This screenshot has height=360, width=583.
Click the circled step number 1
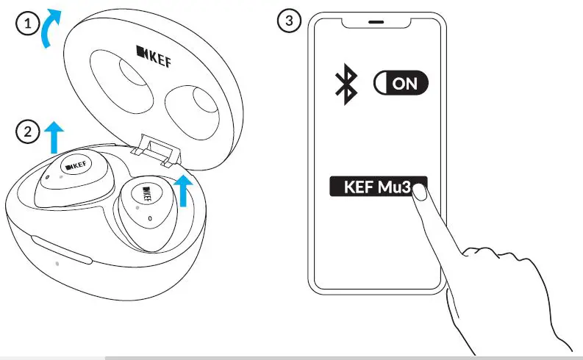(27, 24)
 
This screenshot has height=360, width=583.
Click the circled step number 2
(27, 132)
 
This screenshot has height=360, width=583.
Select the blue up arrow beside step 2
(54, 137)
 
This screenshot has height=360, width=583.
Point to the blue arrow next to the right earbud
(187, 190)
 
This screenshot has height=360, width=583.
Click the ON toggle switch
(401, 83)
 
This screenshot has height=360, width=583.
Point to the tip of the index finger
(420, 193)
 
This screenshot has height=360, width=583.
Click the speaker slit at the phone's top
(376, 22)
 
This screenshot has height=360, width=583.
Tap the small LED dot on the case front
(57, 262)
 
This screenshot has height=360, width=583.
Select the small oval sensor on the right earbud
(150, 218)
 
